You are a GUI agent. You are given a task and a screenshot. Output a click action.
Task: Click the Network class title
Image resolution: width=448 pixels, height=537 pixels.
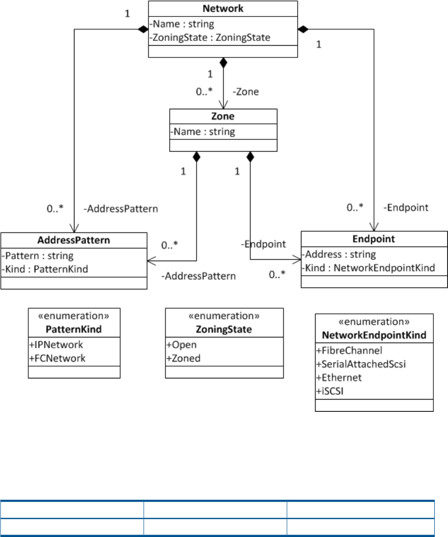(223, 9)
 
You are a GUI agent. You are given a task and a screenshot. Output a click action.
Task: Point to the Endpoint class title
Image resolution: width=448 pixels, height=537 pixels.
(374, 239)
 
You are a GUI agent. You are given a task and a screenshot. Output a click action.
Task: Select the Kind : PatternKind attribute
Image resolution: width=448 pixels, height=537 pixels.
(45, 269)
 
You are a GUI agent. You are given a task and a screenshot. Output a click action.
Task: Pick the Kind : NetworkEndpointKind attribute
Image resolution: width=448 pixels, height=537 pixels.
(368, 268)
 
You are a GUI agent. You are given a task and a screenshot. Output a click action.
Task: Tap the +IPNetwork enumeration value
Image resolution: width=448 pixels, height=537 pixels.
(57, 345)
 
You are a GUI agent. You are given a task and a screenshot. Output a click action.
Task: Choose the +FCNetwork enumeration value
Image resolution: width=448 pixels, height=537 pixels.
(58, 358)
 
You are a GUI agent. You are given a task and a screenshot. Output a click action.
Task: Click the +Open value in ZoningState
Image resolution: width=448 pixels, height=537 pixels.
(181, 345)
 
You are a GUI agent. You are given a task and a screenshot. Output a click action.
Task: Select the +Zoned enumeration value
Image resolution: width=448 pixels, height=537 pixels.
(183, 358)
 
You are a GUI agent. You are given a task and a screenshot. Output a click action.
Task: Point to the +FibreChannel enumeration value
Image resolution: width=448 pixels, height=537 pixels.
(349, 350)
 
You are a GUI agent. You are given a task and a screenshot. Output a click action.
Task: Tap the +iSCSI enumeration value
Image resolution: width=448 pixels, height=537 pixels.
(334, 391)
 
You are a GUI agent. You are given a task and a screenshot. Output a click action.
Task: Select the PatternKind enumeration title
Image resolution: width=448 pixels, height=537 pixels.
(74, 329)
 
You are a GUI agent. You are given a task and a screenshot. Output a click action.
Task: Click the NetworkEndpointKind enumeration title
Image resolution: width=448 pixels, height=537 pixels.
(374, 335)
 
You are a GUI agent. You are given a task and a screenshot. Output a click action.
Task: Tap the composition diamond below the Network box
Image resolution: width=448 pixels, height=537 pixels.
(223, 62)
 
